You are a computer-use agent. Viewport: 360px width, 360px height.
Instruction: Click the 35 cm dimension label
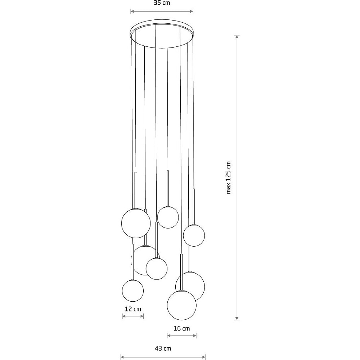[162, 3]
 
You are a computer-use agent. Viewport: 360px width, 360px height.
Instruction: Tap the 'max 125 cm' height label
[228, 177]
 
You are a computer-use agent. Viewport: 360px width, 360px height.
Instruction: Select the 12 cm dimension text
[133, 309]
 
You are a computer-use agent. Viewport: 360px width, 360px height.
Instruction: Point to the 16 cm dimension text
[181, 329]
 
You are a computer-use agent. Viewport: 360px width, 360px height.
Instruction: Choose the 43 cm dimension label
[163, 348]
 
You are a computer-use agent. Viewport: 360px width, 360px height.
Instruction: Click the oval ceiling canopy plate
[162, 33]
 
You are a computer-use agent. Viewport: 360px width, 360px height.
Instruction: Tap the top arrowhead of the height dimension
[237, 37]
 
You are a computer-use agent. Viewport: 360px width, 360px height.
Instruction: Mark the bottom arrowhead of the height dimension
[237, 318]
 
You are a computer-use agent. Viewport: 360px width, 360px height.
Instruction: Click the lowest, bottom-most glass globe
[181, 305]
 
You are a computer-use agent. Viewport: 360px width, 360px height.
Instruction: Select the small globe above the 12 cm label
[133, 291]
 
